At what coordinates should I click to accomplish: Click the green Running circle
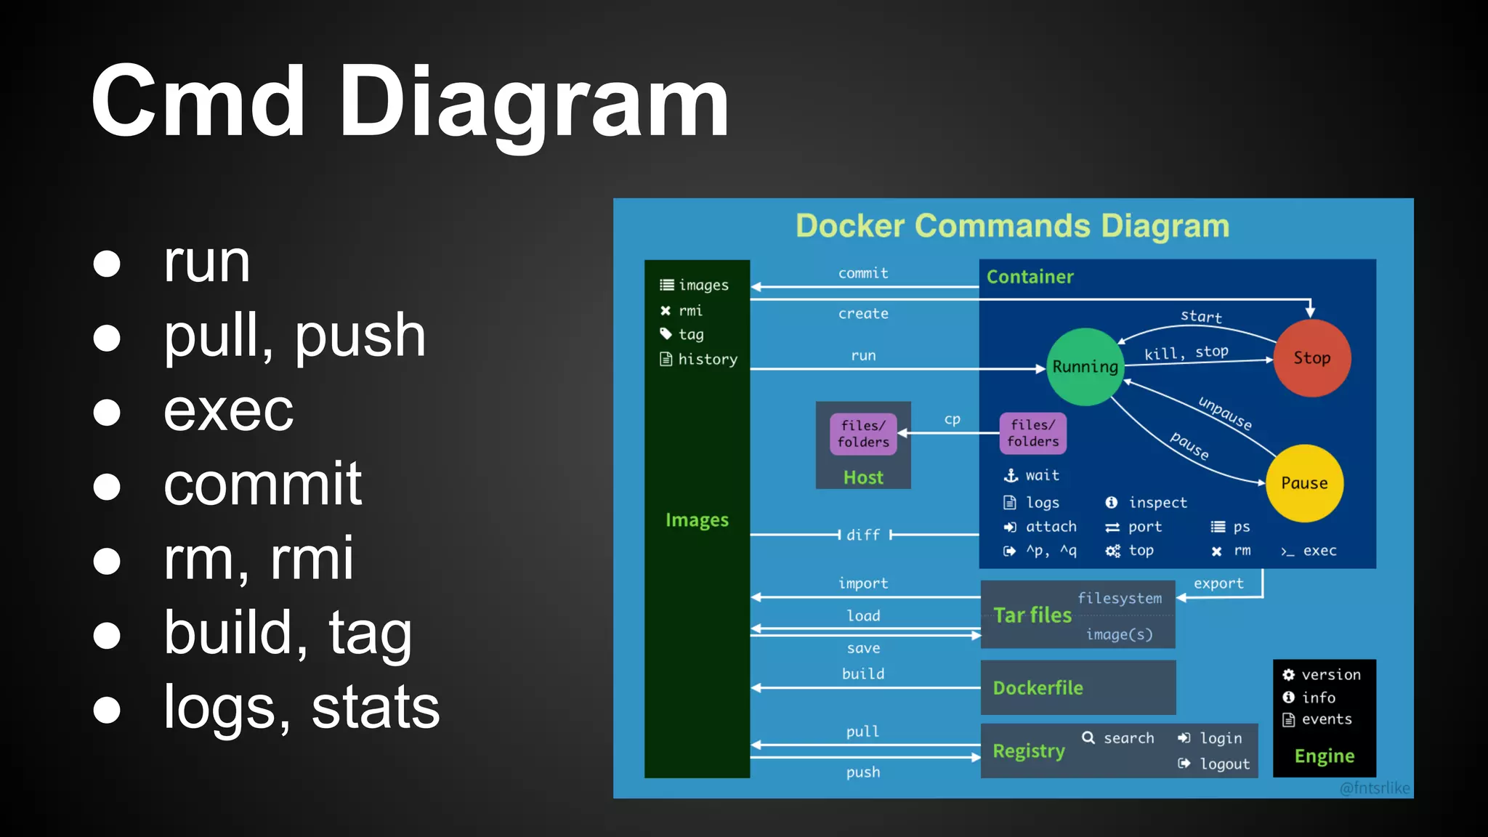tap(1085, 367)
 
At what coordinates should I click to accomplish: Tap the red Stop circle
tap(1311, 357)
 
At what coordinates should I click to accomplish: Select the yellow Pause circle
tap(1304, 483)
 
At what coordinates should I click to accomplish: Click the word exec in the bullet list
tap(228, 411)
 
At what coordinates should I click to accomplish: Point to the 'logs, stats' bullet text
tap(301, 707)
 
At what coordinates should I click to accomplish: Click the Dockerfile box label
tap(1038, 688)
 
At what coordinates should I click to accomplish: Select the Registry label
tap(1029, 751)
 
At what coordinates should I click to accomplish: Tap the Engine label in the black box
tap(1324, 756)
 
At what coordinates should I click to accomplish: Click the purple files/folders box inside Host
tap(863, 434)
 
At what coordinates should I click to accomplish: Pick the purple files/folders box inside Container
tap(1032, 433)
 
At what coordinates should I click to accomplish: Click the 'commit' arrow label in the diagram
tap(863, 273)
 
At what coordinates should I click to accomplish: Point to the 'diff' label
tap(863, 535)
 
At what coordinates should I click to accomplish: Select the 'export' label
tap(1218, 583)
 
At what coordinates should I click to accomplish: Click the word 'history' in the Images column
tap(707, 359)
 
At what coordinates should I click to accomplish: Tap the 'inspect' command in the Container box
tap(1157, 503)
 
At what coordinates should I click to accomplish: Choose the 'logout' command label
tap(1224, 764)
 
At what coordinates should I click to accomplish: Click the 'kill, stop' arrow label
tap(1186, 352)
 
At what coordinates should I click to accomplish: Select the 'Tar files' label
tap(1032, 615)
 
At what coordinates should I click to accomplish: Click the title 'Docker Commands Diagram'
tap(1012, 226)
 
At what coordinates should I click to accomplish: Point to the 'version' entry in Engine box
tap(1330, 674)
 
